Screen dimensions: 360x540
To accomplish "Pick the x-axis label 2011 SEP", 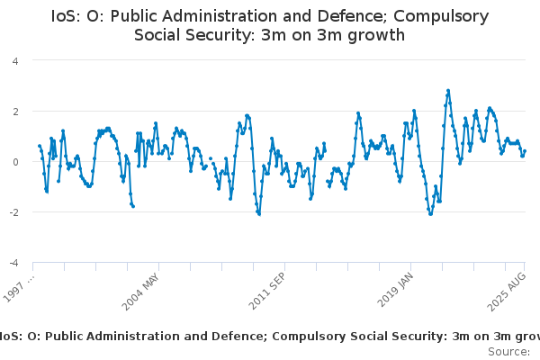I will (267, 290).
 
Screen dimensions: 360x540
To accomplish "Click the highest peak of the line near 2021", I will (448, 91).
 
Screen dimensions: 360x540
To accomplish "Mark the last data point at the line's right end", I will (525, 151).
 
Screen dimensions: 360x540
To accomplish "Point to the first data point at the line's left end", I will (39, 146).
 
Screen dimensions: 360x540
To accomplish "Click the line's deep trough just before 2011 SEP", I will (259, 214).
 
